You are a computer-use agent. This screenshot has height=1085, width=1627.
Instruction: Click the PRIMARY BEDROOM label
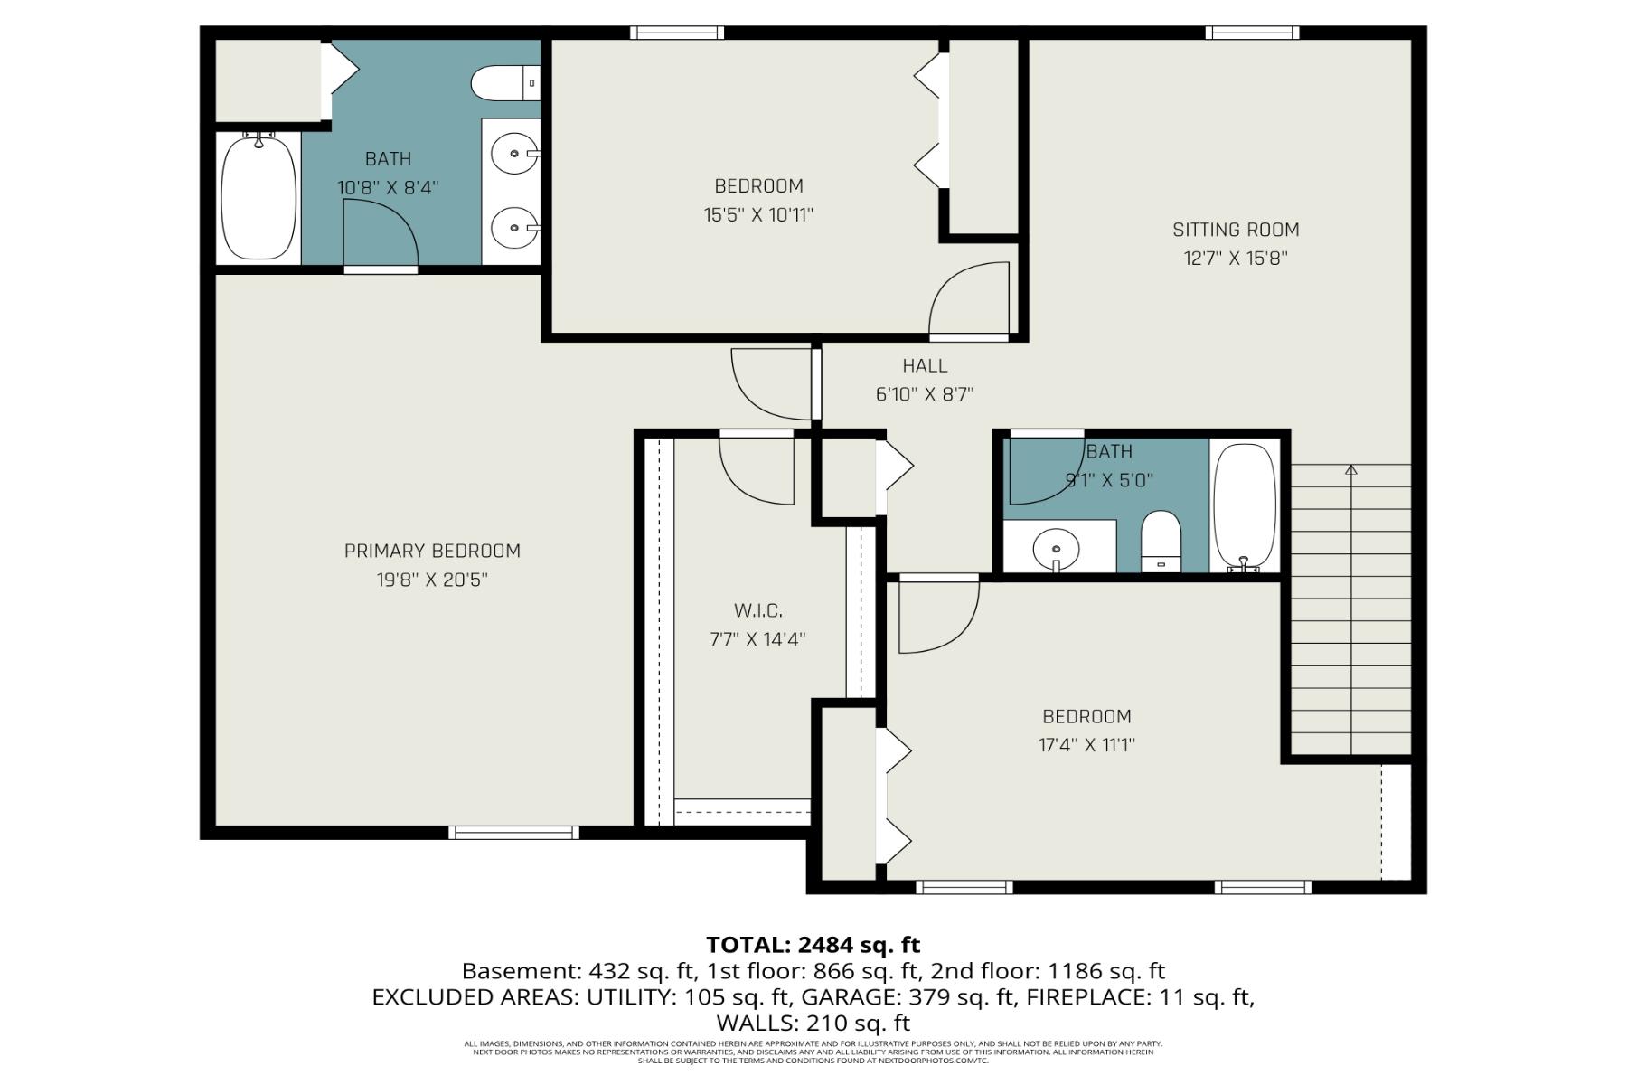(x=432, y=551)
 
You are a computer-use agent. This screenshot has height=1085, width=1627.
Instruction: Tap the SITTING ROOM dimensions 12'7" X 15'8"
(x=1235, y=259)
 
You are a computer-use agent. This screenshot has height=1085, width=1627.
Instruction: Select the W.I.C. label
(x=757, y=611)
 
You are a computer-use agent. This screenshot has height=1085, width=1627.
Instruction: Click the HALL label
(x=925, y=366)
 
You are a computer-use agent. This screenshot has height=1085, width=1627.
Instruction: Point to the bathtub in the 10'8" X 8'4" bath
(x=259, y=197)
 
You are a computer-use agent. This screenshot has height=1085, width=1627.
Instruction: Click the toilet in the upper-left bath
(x=503, y=84)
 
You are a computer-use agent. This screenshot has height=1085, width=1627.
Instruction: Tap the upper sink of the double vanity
(x=516, y=155)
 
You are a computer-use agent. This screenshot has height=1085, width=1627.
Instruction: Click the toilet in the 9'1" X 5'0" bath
(x=1161, y=540)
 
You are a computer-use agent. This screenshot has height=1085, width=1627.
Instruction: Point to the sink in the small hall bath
(x=1056, y=548)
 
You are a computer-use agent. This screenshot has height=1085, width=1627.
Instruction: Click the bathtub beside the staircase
(x=1245, y=506)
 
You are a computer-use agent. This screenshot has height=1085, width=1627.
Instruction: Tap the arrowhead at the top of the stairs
(x=1350, y=469)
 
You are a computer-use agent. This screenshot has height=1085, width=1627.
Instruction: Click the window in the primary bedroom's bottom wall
(x=513, y=832)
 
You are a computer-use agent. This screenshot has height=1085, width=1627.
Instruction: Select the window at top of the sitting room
(x=1252, y=33)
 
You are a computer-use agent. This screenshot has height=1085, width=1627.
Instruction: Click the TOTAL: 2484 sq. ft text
(x=813, y=945)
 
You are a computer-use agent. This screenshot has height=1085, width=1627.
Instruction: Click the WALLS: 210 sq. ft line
(x=813, y=1024)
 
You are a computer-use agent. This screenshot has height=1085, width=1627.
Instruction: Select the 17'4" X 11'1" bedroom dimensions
(x=1086, y=746)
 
